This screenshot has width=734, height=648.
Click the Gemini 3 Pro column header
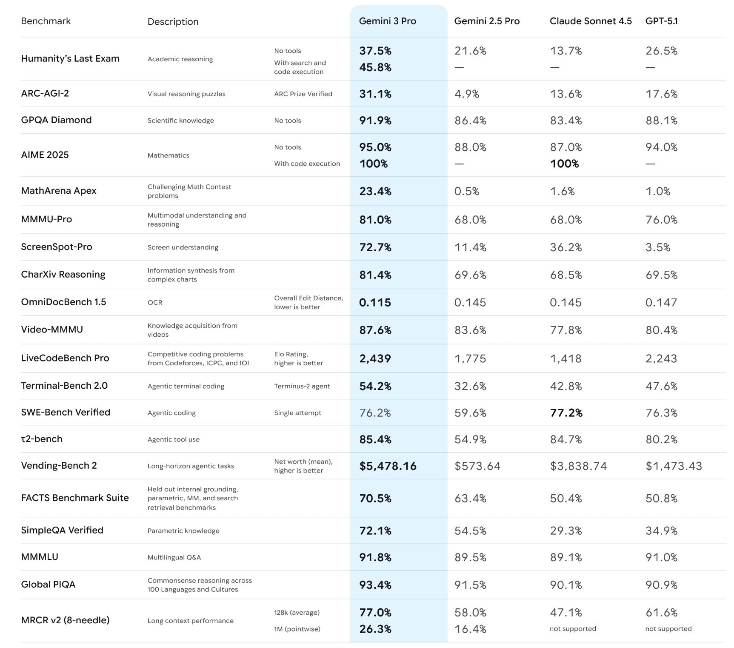click(387, 21)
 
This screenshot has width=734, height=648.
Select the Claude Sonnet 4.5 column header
click(590, 21)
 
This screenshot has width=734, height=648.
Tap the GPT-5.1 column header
click(661, 21)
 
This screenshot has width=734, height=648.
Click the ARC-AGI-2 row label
click(45, 94)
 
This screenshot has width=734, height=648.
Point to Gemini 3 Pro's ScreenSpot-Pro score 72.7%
click(375, 247)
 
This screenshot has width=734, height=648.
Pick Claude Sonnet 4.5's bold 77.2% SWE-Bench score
click(566, 413)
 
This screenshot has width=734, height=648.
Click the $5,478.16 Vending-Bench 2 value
click(388, 466)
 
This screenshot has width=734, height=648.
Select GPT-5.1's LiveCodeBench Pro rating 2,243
click(661, 358)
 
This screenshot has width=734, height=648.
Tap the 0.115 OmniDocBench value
click(375, 303)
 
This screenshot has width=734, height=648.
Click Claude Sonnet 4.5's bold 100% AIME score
click(564, 164)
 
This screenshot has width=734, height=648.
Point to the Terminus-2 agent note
click(302, 386)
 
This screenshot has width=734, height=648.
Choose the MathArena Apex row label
click(59, 191)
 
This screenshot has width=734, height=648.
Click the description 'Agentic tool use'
click(173, 439)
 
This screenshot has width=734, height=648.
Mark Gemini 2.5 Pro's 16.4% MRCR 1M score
click(470, 629)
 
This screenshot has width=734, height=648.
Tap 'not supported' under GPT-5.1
click(668, 629)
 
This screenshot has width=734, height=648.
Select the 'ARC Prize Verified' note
click(303, 94)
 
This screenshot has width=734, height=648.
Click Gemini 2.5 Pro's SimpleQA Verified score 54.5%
click(470, 530)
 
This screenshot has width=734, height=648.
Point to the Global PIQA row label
click(48, 585)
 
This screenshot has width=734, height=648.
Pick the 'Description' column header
click(173, 22)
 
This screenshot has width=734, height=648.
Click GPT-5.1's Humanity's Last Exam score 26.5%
click(661, 51)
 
